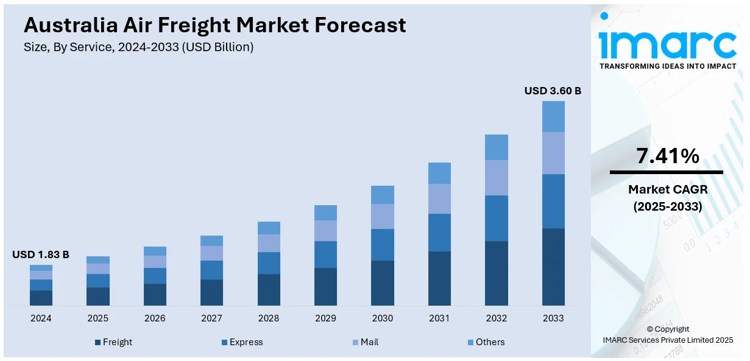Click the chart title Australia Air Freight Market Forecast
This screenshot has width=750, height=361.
214,26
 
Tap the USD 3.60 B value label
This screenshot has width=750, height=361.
553,91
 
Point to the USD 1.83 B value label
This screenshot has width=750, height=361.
41,254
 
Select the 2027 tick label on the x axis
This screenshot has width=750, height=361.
211,318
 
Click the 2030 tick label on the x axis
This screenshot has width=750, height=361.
382,318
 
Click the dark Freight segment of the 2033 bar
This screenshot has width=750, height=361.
553,267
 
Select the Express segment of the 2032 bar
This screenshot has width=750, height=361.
496,218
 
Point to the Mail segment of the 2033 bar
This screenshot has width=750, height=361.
553,153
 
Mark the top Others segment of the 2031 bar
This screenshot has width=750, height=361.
439,173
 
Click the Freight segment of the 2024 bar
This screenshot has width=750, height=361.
41,298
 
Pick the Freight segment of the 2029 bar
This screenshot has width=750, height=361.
325,286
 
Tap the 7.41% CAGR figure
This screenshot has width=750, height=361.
668,156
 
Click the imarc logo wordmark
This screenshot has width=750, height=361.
668,43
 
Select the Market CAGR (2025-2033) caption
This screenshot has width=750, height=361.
668,198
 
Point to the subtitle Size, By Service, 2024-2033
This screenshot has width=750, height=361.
138,47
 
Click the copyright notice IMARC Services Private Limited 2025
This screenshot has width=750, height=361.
668,340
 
